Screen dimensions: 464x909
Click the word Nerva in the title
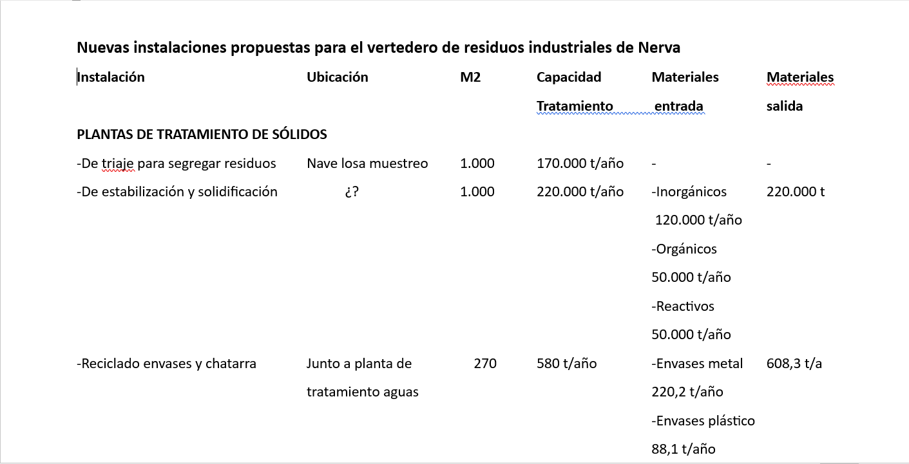click(659, 48)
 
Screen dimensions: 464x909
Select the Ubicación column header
click(337, 77)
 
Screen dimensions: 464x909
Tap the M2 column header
click(470, 77)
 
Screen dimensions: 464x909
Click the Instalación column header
click(111, 77)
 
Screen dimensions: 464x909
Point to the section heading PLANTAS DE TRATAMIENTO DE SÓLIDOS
click(202, 135)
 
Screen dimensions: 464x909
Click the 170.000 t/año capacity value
click(580, 163)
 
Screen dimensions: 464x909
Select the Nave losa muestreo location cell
click(367, 163)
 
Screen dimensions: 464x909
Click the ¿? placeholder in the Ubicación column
click(352, 192)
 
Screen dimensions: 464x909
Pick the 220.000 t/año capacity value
click(580, 192)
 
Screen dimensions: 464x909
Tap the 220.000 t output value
click(796, 192)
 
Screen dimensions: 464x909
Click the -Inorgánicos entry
click(689, 192)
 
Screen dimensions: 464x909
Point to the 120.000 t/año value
click(698, 220)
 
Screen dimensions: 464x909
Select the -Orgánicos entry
click(684, 249)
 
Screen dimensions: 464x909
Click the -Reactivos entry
click(683, 306)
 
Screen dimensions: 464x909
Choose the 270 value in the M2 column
click(485, 364)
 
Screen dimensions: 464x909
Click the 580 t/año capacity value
click(566, 364)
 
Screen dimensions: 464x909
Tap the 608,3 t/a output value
click(794, 364)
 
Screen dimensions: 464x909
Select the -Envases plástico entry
click(703, 421)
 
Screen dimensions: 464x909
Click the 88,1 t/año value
click(683, 449)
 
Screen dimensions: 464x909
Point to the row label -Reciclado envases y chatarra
click(166, 364)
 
